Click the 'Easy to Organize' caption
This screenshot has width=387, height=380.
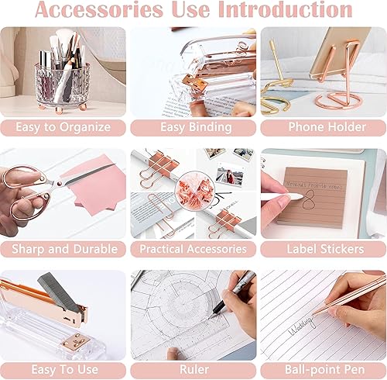(63, 127)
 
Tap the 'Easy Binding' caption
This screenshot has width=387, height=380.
(193, 127)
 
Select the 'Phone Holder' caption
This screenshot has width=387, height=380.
(323, 127)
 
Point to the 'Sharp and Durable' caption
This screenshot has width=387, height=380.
(63, 249)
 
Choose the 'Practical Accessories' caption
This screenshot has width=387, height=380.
(193, 249)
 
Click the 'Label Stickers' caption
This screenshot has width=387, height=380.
(323, 249)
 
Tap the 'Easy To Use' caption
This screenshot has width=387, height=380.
(63, 370)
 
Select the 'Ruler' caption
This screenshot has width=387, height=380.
(193, 370)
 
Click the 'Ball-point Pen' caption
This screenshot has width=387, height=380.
(323, 370)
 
